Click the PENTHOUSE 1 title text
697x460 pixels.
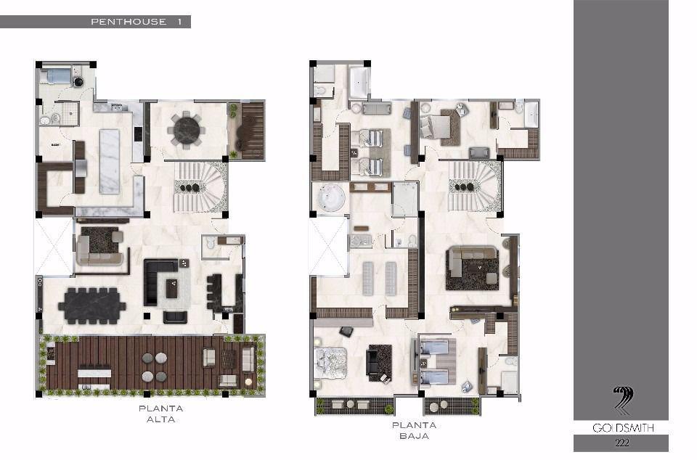136,21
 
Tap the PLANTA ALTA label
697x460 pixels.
161,414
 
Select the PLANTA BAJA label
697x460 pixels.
414,430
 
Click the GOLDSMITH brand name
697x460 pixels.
623,427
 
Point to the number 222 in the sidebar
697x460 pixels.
622,443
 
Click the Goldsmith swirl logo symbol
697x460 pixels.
623,401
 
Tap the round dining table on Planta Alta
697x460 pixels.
187,130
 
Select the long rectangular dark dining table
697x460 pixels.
92,305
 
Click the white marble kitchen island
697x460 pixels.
110,161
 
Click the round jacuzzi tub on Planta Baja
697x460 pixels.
331,197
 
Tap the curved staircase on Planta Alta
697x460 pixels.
201,187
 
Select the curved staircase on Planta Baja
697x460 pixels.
475,186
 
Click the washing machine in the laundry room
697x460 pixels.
78,82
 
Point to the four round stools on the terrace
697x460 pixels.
155,367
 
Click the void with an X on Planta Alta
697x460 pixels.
54,247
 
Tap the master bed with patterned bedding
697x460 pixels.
330,363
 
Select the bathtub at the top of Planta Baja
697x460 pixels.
358,83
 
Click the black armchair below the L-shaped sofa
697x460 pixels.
175,316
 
